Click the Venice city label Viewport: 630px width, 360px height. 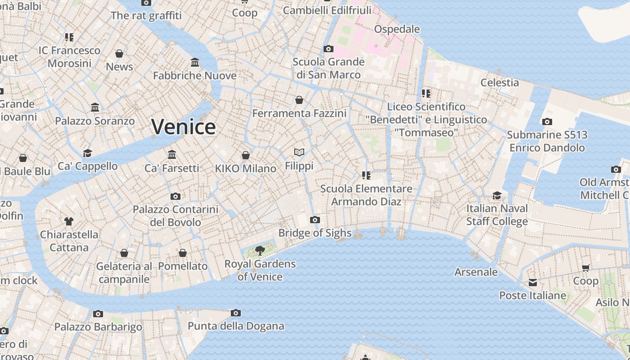(183, 126)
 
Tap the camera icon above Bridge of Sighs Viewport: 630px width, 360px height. (315, 220)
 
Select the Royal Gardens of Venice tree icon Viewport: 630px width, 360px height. (260, 250)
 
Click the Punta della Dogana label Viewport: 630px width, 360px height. (236, 326)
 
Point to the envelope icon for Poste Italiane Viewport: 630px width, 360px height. (533, 283)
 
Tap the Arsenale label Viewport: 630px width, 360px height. (476, 272)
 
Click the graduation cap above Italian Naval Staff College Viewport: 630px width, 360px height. (497, 195)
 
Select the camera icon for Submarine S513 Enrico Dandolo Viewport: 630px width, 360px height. (547, 121)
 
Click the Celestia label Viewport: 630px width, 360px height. (499, 82)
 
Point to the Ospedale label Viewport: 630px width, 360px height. (397, 29)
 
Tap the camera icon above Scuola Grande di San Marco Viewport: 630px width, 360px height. (328, 49)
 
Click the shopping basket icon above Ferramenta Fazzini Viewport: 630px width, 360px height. (299, 100)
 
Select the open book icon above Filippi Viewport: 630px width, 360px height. (299, 152)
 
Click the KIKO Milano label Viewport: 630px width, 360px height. (245, 168)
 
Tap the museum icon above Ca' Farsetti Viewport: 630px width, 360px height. (172, 155)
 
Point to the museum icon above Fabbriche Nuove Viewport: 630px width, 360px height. (195, 62)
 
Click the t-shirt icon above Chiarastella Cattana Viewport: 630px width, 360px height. (68, 221)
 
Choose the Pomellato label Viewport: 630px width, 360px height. (183, 266)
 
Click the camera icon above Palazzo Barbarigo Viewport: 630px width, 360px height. (98, 314)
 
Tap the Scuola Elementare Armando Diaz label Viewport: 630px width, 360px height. (366, 195)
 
